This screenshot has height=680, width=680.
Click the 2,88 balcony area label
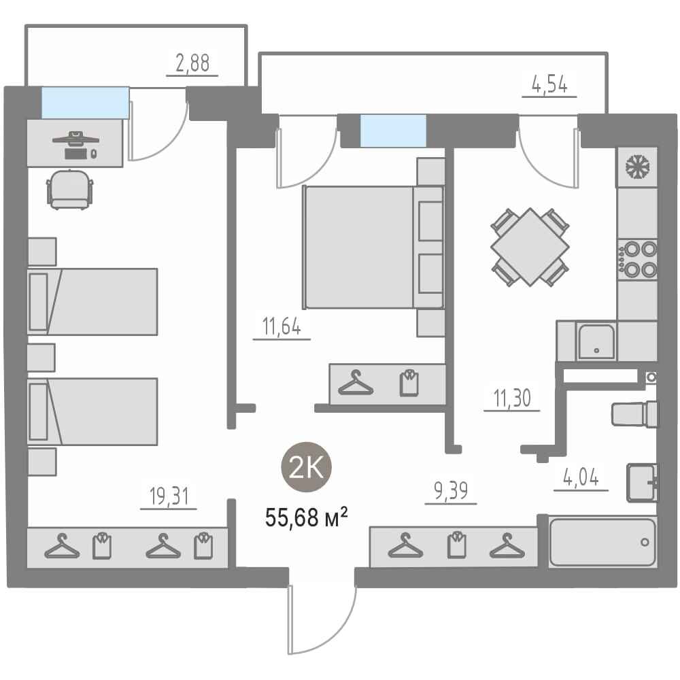tap(192, 63)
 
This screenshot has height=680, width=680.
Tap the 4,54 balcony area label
tap(549, 84)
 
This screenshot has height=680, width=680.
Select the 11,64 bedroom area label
tap(282, 326)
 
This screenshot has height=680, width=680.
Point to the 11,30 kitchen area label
tap(512, 398)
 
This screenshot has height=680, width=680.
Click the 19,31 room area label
tap(169, 496)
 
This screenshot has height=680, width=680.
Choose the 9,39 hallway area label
tap(451, 491)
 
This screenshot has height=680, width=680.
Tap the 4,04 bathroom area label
tap(581, 477)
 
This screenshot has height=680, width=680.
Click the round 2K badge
tap(307, 468)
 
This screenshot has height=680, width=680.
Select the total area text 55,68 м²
tap(306, 517)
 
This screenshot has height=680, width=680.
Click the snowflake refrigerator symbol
tap(637, 167)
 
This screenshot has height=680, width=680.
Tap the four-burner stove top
tap(638, 259)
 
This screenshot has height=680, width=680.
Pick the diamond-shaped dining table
tap(530, 247)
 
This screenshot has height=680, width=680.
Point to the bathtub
tap(602, 542)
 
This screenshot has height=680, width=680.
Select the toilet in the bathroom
tap(635, 414)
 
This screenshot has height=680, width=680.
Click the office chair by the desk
tap(70, 190)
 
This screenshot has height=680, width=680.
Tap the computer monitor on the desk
tap(75, 138)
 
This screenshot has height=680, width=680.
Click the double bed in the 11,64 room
tap(373, 248)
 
